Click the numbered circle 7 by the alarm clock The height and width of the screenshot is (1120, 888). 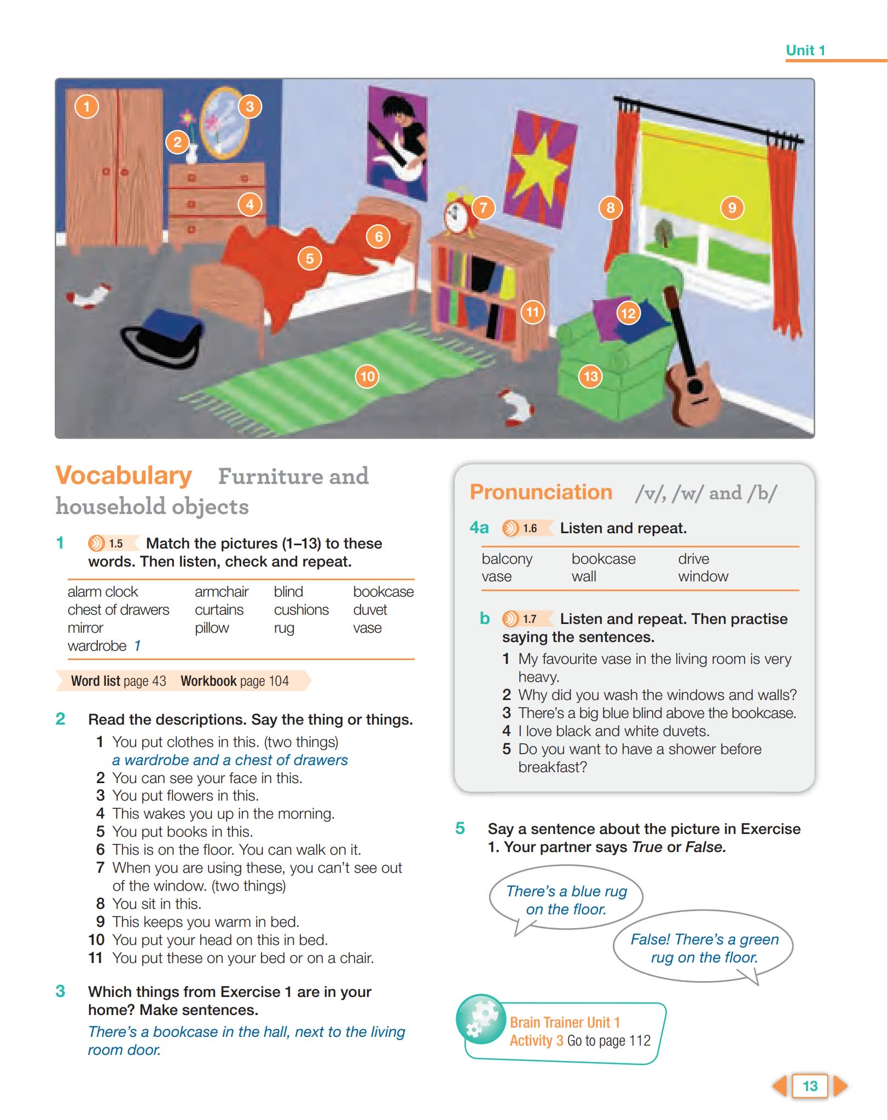[483, 208]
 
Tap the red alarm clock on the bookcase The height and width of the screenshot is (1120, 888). [456, 215]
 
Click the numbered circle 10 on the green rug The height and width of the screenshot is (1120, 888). [367, 376]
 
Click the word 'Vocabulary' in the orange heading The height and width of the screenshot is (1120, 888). [124, 475]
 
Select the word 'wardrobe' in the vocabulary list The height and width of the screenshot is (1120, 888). [97, 646]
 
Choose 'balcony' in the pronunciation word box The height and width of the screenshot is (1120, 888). [507, 559]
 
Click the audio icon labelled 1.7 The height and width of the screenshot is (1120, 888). [510, 619]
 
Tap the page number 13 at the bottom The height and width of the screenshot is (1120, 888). [810, 1086]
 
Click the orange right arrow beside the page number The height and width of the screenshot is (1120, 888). [839, 1086]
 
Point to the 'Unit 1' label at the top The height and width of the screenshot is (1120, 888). [805, 50]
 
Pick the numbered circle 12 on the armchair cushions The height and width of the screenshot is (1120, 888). [628, 313]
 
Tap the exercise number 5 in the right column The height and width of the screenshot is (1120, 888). [460, 829]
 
